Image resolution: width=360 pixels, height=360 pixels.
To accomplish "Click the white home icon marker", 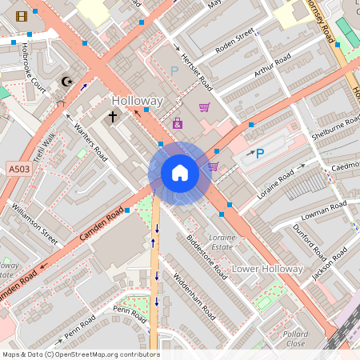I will click(179, 173).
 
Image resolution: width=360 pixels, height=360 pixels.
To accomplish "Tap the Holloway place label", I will click(137, 102).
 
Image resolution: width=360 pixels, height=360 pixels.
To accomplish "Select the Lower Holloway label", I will click(268, 269).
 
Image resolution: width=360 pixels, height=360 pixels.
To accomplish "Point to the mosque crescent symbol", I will click(66, 81).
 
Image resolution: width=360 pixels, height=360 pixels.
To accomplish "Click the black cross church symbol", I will click(113, 117).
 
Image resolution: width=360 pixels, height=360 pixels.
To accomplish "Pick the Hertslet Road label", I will click(195, 71).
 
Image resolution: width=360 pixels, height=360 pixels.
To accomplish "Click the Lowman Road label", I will click(323, 211).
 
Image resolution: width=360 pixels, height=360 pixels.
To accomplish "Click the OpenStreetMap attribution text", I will click(80, 354).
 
